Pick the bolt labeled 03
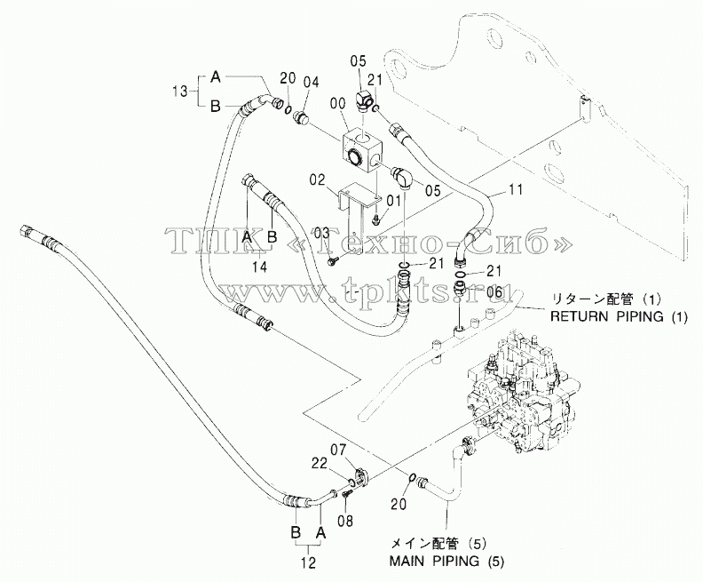[332, 259]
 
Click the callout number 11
[516, 190]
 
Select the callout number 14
[259, 267]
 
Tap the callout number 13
[181, 92]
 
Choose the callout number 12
[309, 562]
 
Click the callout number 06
[494, 291]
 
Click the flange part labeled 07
[361, 477]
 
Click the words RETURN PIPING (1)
[619, 317]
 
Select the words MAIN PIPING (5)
[446, 561]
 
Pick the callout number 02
[317, 181]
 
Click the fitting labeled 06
[461, 287]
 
